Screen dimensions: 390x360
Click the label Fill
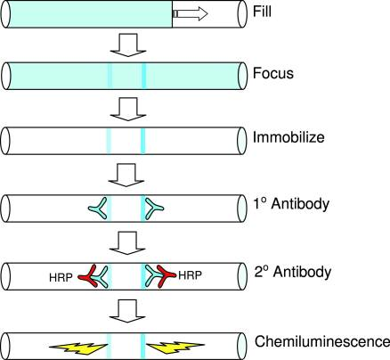(262, 12)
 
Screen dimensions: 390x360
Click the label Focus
(273, 73)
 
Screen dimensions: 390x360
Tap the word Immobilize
(288, 137)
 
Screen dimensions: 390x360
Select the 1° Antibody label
(291, 205)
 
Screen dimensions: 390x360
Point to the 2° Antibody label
(293, 272)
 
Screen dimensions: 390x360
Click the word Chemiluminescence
(322, 341)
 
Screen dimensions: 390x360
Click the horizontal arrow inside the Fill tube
(190, 13)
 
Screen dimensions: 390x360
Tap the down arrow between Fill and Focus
(128, 45)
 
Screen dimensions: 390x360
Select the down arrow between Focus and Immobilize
(128, 109)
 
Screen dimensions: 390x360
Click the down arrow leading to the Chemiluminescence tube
(127, 311)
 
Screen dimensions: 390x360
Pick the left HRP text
(61, 277)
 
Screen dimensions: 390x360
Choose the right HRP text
(190, 275)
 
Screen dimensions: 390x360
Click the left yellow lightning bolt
(77, 348)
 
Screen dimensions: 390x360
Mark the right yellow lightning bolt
(175, 347)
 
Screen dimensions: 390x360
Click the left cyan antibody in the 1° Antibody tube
(100, 208)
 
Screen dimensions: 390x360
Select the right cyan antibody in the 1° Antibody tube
(153, 208)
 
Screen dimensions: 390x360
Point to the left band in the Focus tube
(110, 76)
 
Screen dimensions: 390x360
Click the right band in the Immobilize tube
(143, 141)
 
